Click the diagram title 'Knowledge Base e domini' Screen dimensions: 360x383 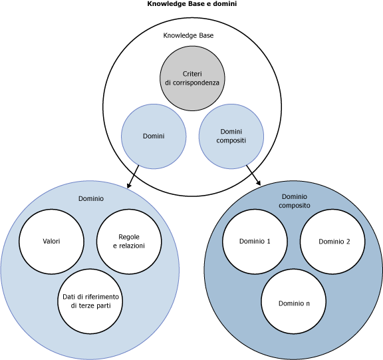(191, 4)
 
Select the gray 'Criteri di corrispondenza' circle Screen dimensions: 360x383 (192, 77)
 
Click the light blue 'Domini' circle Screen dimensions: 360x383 (154, 136)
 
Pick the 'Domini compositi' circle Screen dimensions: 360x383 (231, 136)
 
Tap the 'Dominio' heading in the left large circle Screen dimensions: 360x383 (91, 198)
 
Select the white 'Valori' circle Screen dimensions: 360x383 (51, 241)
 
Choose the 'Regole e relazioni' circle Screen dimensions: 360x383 (129, 241)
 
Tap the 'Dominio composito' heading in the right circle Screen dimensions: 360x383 (295, 201)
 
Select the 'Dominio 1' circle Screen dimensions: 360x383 (255, 241)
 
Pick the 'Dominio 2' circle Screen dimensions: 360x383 (334, 242)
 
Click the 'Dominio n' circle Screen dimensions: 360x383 (294, 303)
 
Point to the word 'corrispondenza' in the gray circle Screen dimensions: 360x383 (192, 82)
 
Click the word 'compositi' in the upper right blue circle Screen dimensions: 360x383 (231, 140)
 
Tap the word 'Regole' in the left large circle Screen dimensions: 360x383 (129, 237)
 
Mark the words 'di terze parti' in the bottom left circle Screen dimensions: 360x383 (90, 305)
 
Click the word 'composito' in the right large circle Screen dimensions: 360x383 (295, 206)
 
